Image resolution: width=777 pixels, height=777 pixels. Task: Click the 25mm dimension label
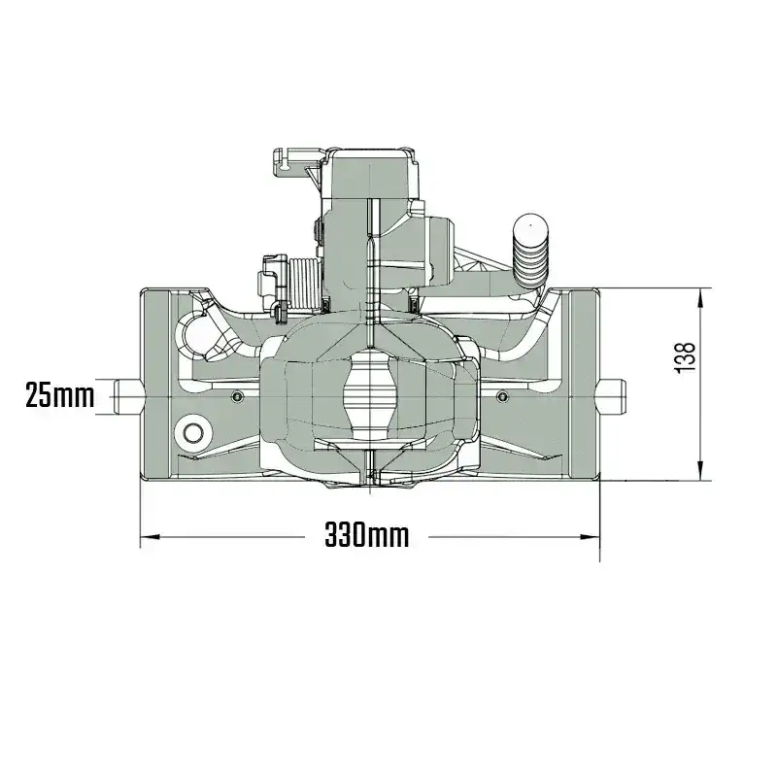pos(59,395)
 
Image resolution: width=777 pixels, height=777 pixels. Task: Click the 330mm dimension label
pos(367,536)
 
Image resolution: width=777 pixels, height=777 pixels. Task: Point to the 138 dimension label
pos(686,358)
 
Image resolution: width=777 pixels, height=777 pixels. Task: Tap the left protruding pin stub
pos(128,397)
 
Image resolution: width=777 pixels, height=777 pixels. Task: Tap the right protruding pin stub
pos(612,397)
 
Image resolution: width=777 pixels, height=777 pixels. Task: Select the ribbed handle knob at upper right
pos(530,252)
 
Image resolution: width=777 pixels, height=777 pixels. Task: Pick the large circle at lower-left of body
pos(193,433)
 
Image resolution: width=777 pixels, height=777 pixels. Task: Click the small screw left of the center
pos(238,396)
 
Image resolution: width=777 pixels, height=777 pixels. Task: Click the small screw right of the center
pos(502,396)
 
